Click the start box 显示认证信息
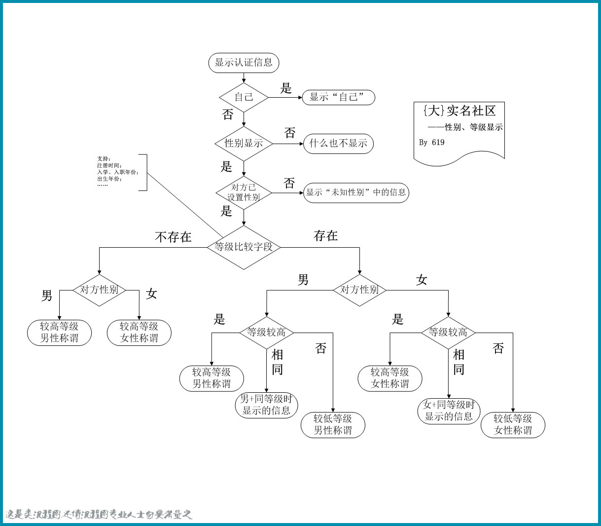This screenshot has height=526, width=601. coord(244,63)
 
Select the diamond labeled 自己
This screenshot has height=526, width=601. coord(244,97)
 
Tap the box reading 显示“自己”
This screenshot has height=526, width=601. coord(339,97)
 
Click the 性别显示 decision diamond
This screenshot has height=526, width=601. coord(244,144)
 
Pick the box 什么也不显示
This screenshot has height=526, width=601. coord(338,144)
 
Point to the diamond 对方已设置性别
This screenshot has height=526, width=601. coord(244,192)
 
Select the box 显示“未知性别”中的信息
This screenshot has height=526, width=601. coord(356,192)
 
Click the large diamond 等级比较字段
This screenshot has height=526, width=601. coord(244,247)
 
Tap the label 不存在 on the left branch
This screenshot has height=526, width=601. coord(173,237)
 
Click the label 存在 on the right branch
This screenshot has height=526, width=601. coord(326,236)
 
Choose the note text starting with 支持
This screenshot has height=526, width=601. coord(117,172)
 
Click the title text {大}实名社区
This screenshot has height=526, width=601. coord(459,111)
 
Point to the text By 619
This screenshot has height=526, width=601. coord(431,143)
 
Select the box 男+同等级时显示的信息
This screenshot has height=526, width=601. coord(266,405)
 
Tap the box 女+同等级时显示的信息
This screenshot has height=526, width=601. coord(449,411)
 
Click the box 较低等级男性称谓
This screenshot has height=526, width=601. coord(333,425)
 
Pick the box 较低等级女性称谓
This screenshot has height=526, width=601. coord(513,425)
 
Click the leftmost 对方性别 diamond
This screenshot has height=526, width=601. coord(99,290)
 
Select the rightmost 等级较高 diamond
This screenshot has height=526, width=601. coord(448,333)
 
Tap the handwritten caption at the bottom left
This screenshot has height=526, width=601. coord(99,515)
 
